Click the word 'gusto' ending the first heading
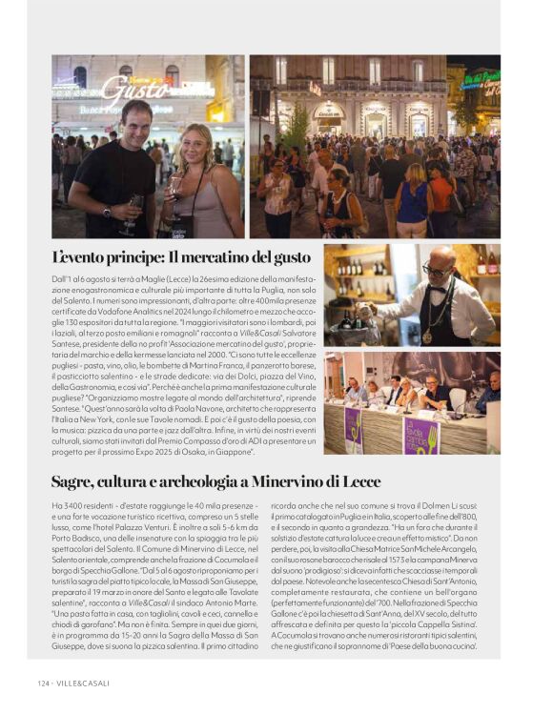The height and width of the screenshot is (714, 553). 291,258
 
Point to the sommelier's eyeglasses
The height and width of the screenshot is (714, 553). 435,271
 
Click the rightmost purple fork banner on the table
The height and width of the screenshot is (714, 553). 420,434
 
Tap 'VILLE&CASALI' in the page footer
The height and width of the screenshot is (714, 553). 85,683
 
